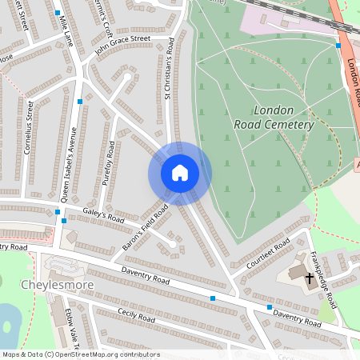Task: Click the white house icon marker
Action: point(179,172)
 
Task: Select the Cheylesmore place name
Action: point(57,285)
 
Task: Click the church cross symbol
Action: point(309,278)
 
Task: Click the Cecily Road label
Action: point(136,317)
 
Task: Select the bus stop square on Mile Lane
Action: point(58,14)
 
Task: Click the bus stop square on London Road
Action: point(339,46)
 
